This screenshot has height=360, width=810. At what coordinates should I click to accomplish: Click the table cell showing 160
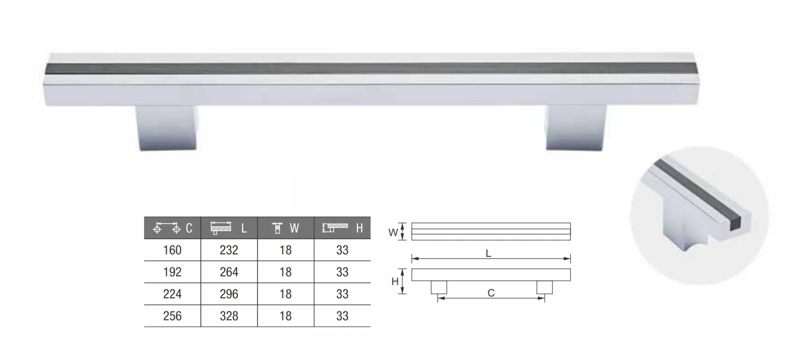172,250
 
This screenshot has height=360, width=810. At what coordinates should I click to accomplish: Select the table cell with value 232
229,250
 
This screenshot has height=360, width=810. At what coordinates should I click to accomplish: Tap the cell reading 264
229,272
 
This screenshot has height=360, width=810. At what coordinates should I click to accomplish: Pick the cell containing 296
229,294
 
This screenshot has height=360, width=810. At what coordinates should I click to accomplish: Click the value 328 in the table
229,316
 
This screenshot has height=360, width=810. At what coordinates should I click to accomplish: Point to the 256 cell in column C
172,316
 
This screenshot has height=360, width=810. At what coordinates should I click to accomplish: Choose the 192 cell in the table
172,272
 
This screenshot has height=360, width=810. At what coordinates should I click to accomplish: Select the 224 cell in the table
172,294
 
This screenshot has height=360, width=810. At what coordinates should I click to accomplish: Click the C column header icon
167,228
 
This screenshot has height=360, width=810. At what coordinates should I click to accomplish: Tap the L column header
229,228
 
